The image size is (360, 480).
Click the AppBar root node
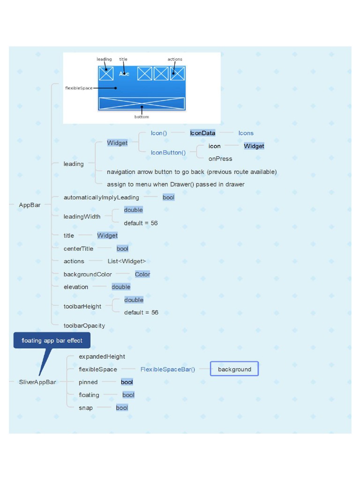(30, 205)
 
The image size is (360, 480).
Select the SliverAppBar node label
(37, 382)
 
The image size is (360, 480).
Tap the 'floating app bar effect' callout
(52, 341)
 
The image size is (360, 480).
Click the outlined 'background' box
(234, 369)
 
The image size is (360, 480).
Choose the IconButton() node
(168, 152)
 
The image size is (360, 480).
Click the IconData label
(202, 133)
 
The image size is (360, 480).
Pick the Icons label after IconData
(246, 133)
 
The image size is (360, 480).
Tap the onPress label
(220, 158)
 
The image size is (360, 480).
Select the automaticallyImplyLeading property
(101, 197)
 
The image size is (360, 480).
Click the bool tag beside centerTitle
(122, 248)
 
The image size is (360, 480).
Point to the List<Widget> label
(127, 261)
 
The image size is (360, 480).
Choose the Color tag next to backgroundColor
(142, 274)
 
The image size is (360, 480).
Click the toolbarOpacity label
(84, 325)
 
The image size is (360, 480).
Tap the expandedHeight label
(102, 357)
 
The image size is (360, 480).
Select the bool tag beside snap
(122, 408)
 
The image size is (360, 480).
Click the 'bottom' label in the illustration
(142, 117)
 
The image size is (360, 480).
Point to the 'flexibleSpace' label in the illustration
(79, 88)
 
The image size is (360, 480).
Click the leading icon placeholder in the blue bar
(106, 74)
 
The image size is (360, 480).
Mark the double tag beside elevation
(121, 287)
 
